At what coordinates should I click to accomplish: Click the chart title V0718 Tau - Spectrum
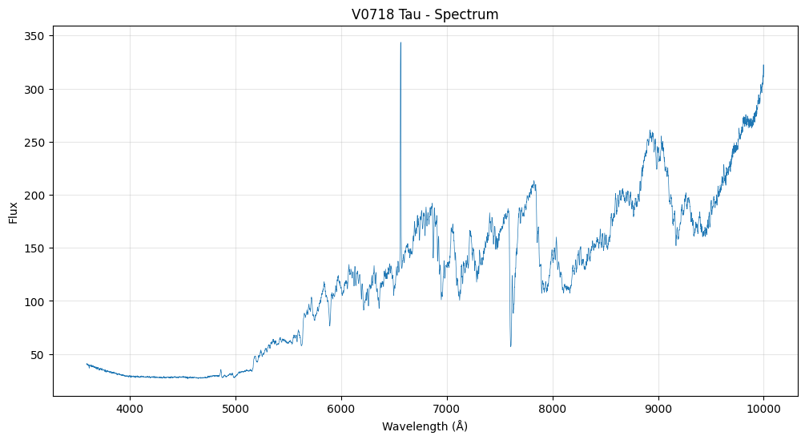point(425,14)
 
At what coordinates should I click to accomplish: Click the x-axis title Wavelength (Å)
point(425,426)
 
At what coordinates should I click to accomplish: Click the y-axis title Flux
point(14,213)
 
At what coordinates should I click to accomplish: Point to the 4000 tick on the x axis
point(130,409)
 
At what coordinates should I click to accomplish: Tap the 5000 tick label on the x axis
point(235,409)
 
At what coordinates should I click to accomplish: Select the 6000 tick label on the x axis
point(341,409)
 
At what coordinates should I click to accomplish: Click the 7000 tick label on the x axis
point(447,409)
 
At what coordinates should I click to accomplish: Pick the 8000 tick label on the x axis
point(553,409)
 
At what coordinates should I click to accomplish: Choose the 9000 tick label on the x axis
point(658,409)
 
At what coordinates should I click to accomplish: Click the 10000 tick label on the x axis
point(763,409)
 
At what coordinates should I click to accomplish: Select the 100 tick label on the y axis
point(34,301)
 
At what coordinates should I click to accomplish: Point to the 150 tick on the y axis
point(34,248)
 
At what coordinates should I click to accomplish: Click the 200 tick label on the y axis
point(34,196)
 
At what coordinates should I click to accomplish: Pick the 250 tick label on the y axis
point(34,143)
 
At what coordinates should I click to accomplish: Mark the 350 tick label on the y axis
point(34,37)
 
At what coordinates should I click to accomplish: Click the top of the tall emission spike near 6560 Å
point(400,42)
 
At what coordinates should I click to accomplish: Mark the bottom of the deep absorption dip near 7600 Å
point(510,346)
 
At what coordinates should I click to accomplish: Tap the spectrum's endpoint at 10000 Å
point(764,66)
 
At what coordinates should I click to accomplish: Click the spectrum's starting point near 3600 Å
point(87,364)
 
